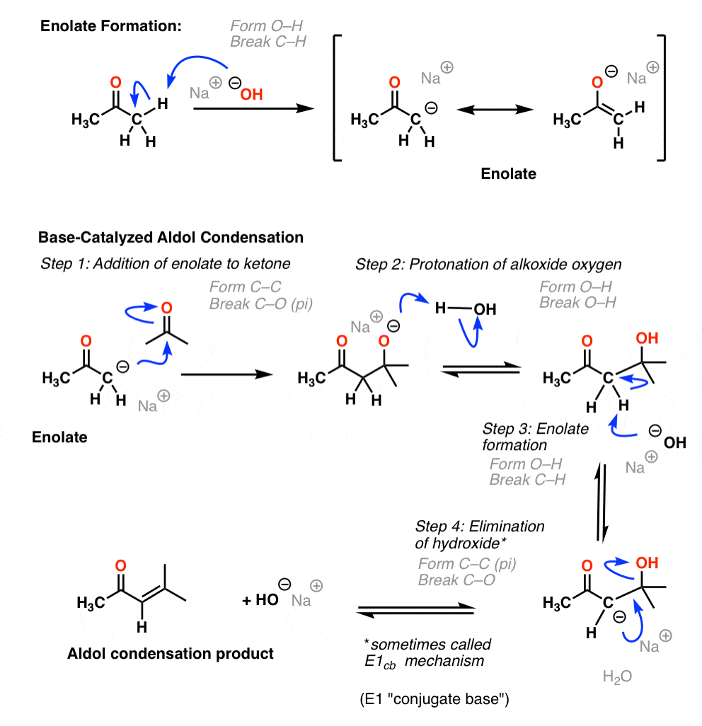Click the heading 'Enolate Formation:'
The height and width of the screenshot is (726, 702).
tap(111, 26)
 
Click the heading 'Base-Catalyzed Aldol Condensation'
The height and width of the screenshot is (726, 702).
tap(171, 238)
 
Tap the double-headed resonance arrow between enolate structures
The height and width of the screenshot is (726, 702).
tap(495, 110)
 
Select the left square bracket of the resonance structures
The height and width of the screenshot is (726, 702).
tap(337, 98)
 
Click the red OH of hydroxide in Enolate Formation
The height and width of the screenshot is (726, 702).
tap(251, 94)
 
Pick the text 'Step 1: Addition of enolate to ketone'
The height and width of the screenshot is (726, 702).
tap(166, 264)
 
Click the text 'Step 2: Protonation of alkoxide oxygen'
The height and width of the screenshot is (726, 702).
tap(488, 265)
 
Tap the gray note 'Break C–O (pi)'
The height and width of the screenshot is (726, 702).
tap(261, 304)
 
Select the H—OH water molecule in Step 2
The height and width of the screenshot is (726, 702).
tap(466, 309)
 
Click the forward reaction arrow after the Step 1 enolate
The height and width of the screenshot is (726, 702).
tap(226, 374)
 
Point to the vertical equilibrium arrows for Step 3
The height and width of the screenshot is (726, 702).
tap(602, 502)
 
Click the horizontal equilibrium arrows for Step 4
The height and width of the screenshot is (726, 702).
tap(416, 610)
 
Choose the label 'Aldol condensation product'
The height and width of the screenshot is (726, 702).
tap(171, 653)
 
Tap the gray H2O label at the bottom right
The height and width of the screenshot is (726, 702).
tap(617, 677)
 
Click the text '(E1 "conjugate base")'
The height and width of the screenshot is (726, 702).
tap(435, 698)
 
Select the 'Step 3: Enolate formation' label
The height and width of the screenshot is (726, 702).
tap(535, 437)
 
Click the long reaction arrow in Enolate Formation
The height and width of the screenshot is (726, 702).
tap(254, 108)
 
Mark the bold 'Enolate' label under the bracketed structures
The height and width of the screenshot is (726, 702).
tap(508, 173)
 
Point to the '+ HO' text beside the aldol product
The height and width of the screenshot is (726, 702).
tap(260, 600)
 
